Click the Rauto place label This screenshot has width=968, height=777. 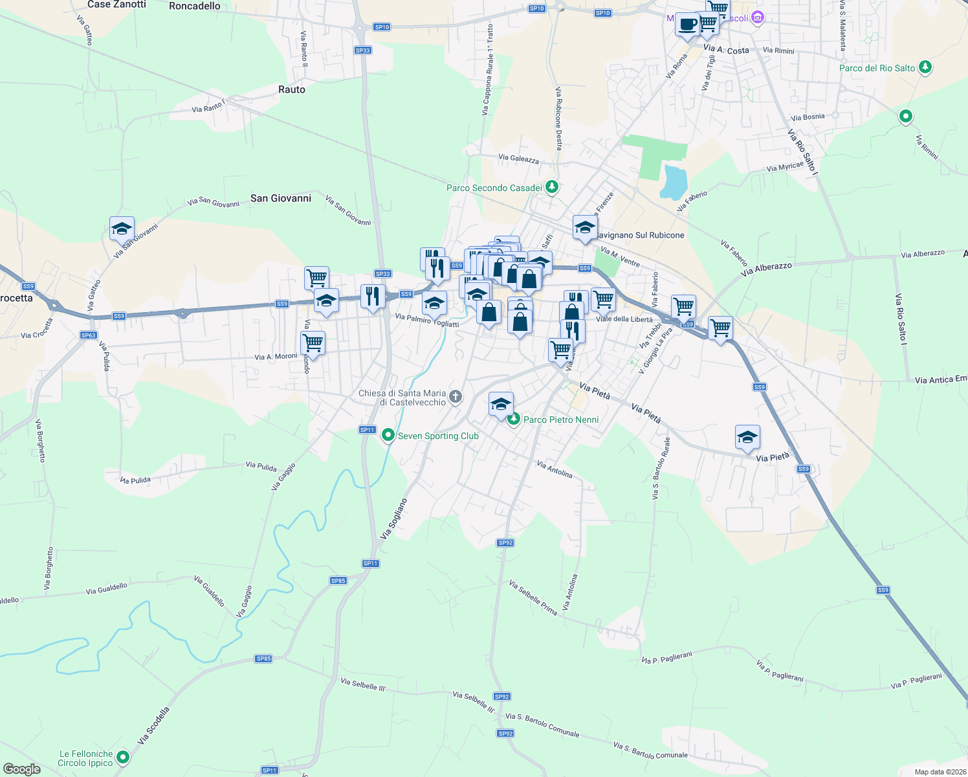(291, 89)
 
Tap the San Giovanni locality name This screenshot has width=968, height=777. (281, 198)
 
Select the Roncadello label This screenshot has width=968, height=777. (194, 6)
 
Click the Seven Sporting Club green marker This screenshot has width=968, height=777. (388, 435)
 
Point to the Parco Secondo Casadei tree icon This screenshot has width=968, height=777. (551, 187)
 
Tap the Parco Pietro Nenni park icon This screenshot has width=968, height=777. (514, 420)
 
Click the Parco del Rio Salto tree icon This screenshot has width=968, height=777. (925, 67)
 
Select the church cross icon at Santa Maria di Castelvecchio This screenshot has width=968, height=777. (456, 397)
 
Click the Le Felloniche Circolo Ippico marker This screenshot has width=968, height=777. (123, 757)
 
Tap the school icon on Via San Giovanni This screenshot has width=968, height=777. (122, 229)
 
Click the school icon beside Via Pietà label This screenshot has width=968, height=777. (747, 437)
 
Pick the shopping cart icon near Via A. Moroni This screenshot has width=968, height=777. (313, 343)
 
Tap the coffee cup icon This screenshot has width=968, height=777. (687, 25)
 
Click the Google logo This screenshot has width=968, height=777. (21, 769)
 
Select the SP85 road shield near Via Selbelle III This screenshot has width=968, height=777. (263, 659)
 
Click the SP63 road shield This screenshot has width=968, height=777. (89, 335)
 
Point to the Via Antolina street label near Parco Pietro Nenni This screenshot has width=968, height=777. (555, 469)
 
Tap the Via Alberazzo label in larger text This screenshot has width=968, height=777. (766, 269)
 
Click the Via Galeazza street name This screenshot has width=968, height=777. (518, 159)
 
